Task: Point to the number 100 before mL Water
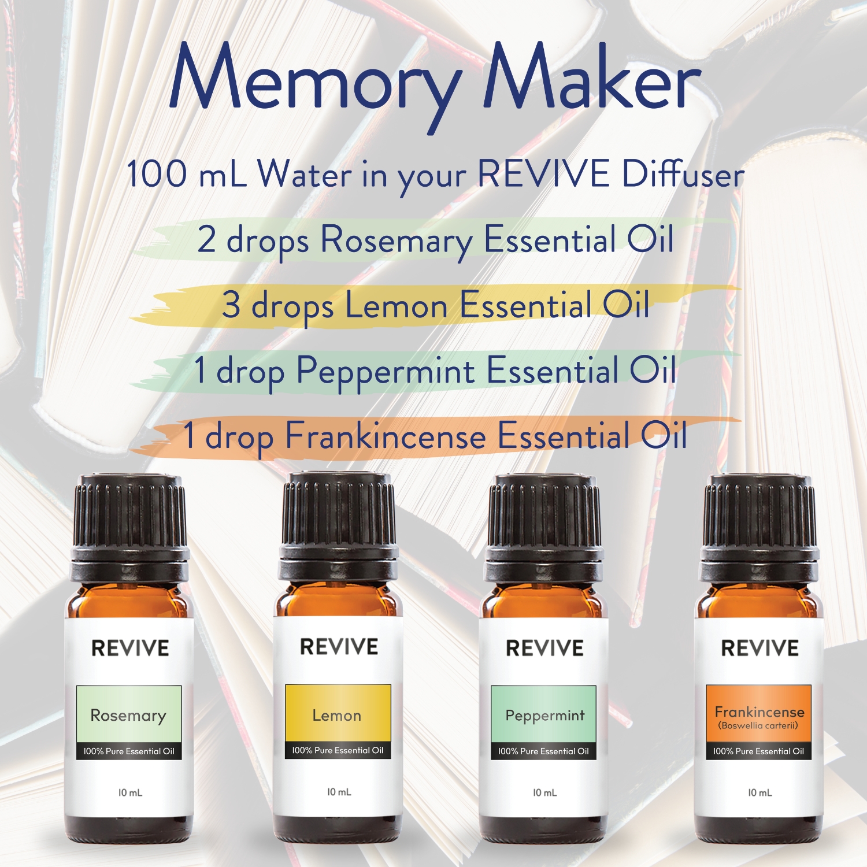pos(157,173)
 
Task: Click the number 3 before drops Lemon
pos(231,305)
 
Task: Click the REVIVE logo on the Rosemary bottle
pos(130,649)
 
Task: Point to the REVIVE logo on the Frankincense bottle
pos(759,649)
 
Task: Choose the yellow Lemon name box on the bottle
pos(338,713)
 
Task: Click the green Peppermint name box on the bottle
pos(544,714)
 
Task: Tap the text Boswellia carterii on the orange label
pos(758,726)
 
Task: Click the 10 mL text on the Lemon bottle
pos(339,792)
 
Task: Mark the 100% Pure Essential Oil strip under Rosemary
pos(129,751)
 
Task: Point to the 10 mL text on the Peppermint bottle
pos(544,793)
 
